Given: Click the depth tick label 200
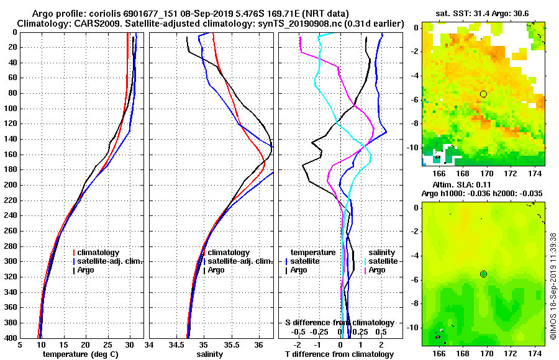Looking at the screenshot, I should coord(11,185).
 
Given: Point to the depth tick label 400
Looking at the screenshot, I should coord(11,338).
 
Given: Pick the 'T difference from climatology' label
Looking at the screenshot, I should coord(339,354).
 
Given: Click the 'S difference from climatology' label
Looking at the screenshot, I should coord(339,323).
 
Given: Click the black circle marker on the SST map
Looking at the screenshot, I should coord(483,94).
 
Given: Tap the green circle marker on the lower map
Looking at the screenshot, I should coord(483,274).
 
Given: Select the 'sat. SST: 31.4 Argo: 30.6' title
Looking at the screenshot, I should coord(484,13).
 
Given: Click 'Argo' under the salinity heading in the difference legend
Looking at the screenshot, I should coord(377,270).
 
